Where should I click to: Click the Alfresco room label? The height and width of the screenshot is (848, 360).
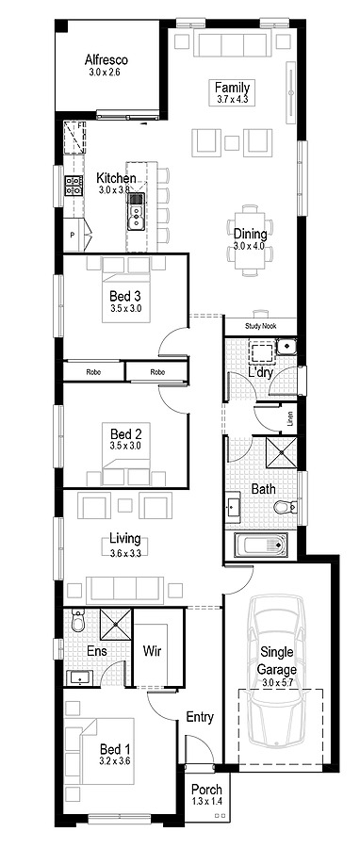pos(106,59)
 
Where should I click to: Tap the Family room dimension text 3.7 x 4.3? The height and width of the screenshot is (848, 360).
pos(231,98)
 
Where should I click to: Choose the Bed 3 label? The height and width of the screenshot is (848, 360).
pos(124,295)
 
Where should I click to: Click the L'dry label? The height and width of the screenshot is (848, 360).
pos(260,373)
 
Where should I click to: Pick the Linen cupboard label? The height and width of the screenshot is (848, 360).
pos(290,416)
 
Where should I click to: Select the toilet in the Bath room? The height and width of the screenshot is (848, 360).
pos(284,507)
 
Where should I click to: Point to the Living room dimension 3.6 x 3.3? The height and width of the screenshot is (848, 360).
pos(124,553)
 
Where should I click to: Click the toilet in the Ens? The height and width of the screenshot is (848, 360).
pos(78,622)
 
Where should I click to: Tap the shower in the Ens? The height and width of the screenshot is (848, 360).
pos(114,624)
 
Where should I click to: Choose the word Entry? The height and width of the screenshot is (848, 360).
pos(200,717)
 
